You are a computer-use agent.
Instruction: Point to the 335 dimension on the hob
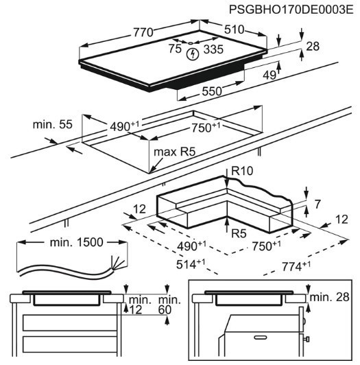click(x=214, y=50)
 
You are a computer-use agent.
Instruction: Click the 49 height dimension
click(x=269, y=75)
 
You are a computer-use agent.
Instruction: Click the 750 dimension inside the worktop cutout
click(x=204, y=128)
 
